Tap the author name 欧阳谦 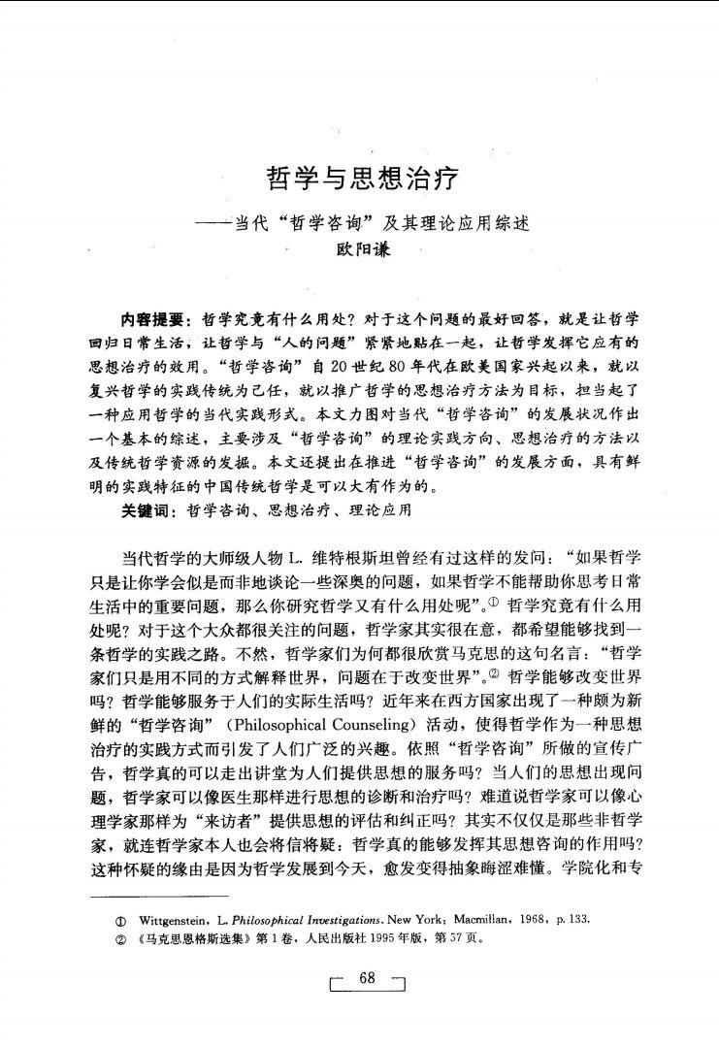point(361,248)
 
